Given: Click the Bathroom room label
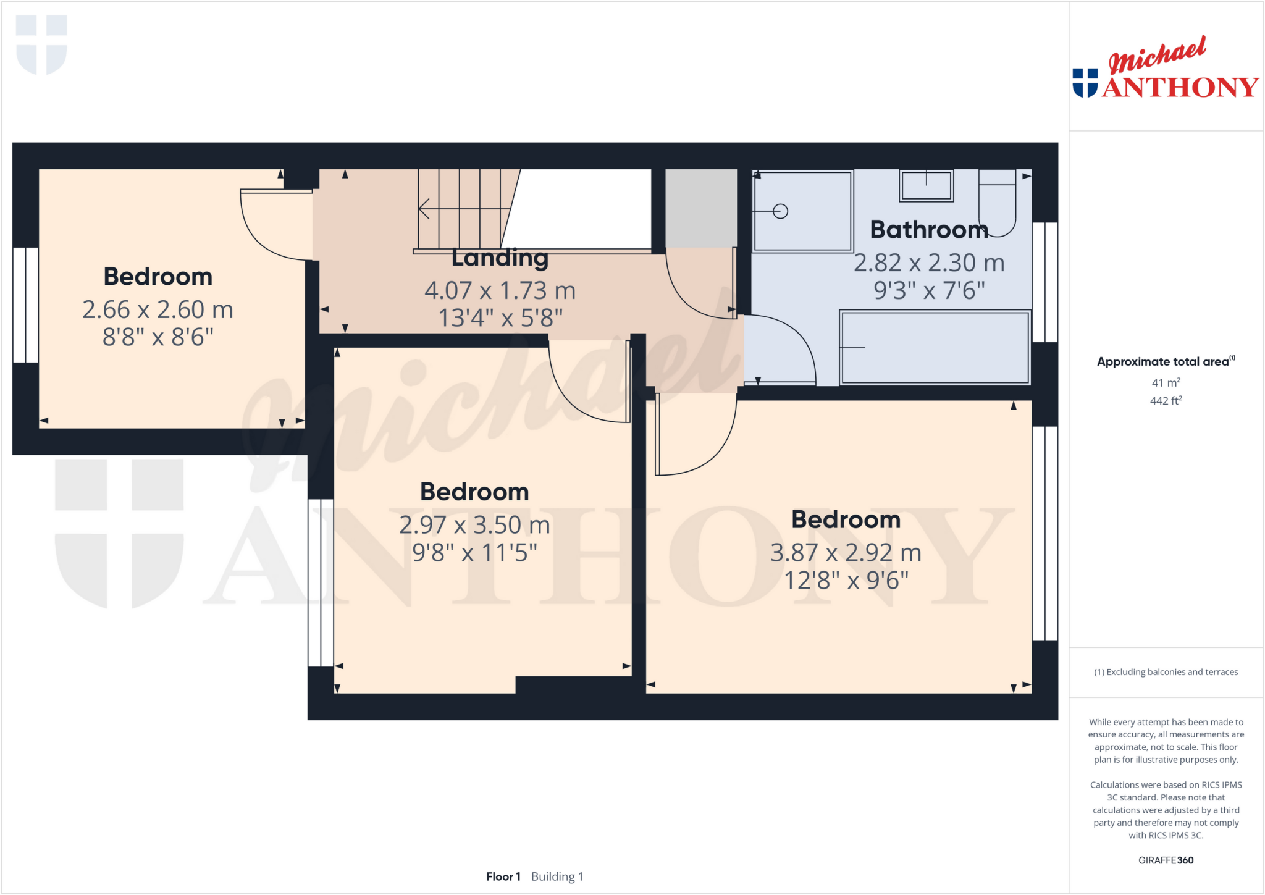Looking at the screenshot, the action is coord(929,230).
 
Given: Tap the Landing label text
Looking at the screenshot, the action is coord(500,258).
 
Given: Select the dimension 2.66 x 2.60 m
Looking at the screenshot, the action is coord(158,309).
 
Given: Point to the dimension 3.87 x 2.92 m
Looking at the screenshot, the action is coord(846,553).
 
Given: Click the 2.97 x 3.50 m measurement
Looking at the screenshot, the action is coord(474,525).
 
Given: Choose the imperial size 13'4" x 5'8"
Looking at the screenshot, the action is coord(500,318).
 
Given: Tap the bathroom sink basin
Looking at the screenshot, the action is coord(926,186).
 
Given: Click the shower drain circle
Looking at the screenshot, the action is coord(781,211).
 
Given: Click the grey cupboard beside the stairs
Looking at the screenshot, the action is coord(701,208).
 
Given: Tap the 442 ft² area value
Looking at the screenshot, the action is coord(1166,401).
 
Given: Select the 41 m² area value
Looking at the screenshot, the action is coord(1166,382).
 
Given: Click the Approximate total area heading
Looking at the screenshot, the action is coord(1166,361).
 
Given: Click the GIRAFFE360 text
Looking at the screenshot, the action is coord(1166,860).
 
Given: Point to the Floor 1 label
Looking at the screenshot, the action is coord(503,876).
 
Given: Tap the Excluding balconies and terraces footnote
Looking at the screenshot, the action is coord(1166,672).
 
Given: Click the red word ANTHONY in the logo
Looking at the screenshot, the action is coord(1180,87).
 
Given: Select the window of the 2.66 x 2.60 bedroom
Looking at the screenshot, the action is coord(26,305).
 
